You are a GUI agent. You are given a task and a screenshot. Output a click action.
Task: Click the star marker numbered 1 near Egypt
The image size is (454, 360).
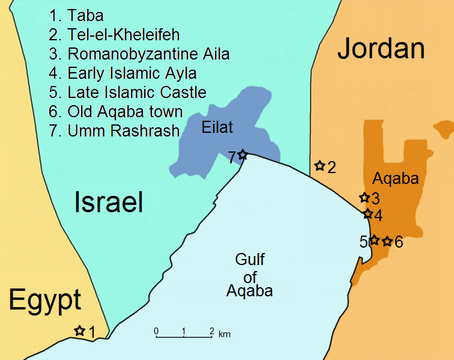pyautogui.click(x=79, y=330)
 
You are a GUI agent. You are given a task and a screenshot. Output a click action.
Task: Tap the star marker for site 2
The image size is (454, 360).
pyautogui.click(x=319, y=165)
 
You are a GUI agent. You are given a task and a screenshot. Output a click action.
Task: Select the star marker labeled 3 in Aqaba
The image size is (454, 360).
pyautogui.click(x=363, y=197)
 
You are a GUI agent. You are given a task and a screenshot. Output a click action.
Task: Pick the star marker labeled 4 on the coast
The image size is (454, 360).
pyautogui.click(x=368, y=213)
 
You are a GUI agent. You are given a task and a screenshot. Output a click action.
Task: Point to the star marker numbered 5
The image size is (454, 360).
pyautogui.click(x=374, y=240)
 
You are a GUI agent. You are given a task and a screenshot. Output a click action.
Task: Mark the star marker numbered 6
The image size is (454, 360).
pyautogui.click(x=387, y=241)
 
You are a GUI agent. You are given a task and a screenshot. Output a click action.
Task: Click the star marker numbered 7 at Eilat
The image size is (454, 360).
pyautogui.click(x=242, y=154)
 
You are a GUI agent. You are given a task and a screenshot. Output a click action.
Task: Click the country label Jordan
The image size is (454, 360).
pyautogui.click(x=381, y=49)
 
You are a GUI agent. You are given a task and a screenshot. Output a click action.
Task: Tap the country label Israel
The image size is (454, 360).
pyautogui.click(x=108, y=203)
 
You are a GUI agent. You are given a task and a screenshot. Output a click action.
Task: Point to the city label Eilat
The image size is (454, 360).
pyautogui.click(x=217, y=127)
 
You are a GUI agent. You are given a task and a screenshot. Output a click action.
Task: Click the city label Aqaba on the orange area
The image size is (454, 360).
pyautogui.click(x=395, y=178)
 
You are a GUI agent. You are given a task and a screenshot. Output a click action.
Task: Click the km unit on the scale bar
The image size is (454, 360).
pyautogui.click(x=224, y=334)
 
